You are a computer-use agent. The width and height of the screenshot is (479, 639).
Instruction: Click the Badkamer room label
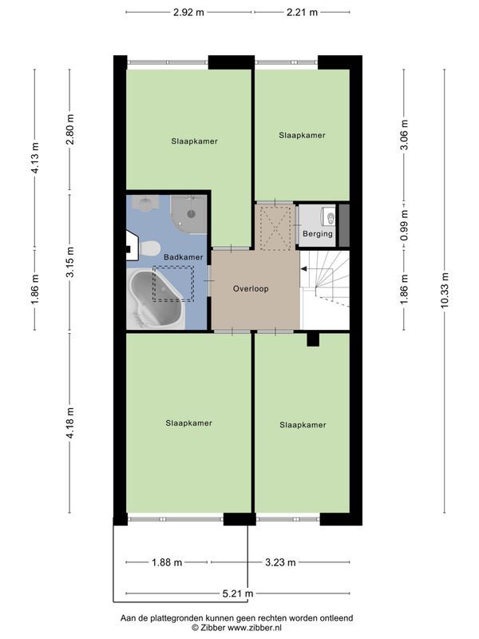click(x=183, y=256)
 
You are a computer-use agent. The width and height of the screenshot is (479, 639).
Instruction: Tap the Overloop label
click(x=250, y=288)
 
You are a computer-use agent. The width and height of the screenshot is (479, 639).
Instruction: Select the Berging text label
click(x=317, y=234)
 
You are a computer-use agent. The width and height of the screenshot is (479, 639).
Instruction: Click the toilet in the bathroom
click(x=149, y=249)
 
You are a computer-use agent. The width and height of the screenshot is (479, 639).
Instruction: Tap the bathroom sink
click(x=144, y=205)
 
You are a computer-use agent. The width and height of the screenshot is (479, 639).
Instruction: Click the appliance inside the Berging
click(x=328, y=216)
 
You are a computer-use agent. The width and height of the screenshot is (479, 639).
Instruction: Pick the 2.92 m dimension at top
click(x=189, y=12)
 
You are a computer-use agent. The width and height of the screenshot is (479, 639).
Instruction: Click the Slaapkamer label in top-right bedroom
click(x=302, y=136)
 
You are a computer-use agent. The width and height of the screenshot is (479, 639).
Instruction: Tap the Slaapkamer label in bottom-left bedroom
click(x=189, y=423)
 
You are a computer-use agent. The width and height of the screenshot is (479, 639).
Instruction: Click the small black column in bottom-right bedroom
click(x=313, y=339)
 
